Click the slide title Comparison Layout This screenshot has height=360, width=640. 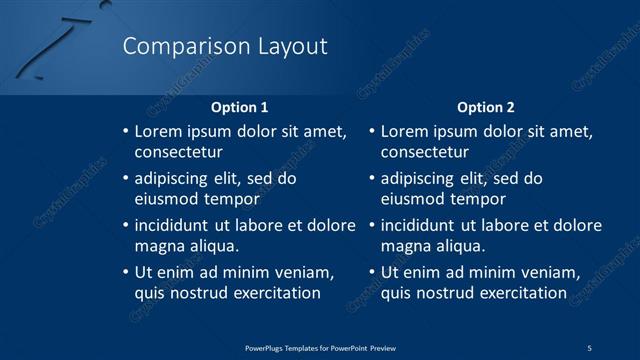(224, 46)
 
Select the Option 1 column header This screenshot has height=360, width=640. (240, 106)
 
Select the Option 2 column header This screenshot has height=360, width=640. (486, 106)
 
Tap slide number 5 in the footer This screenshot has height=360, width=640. (590, 347)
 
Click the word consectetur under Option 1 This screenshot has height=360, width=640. (178, 152)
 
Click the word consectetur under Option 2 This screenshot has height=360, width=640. (424, 152)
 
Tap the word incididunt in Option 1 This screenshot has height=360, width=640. (173, 225)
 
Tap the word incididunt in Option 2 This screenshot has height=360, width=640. (419, 225)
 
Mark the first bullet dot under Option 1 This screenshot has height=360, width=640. (125, 132)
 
